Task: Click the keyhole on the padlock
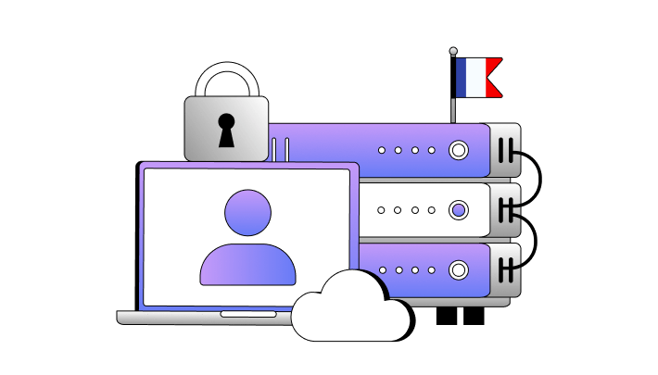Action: (226, 131)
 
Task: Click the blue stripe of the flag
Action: (462, 78)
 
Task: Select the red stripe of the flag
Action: (492, 78)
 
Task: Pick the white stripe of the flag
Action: (475, 78)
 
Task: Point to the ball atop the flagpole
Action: (453, 52)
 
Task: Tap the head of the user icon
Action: (247, 212)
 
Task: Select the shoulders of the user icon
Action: (247, 266)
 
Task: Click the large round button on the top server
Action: (458, 150)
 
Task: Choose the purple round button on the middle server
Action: (458, 210)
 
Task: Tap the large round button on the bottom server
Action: (458, 270)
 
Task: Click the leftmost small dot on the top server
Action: (381, 150)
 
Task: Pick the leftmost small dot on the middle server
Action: (381, 210)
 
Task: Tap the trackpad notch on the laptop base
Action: (247, 314)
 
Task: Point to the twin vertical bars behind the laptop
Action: (281, 150)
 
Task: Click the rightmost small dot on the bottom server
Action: (431, 270)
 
